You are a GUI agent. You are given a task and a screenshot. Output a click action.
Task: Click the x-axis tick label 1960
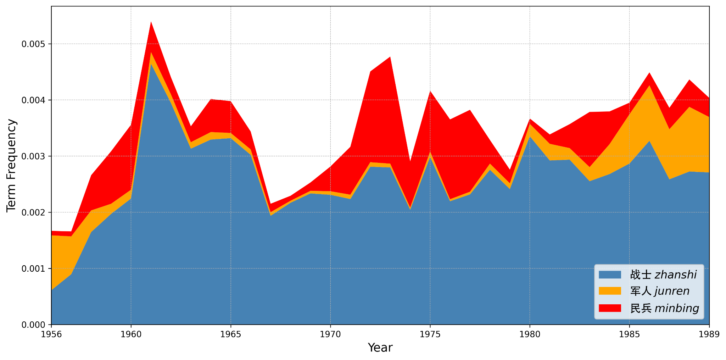(131, 334)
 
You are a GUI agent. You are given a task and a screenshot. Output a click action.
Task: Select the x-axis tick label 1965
(231, 334)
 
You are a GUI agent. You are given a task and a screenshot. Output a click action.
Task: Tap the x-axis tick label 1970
(330, 334)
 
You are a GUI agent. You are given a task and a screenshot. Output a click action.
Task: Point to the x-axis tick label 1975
(430, 334)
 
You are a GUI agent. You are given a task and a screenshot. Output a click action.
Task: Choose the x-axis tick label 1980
(530, 334)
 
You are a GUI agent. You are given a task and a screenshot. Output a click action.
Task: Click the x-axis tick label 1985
(629, 334)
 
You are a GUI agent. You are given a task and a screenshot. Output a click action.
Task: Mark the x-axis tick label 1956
(51, 334)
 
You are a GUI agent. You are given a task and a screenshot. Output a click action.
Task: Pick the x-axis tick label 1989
(709, 334)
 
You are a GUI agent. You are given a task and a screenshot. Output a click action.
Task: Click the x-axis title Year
(380, 348)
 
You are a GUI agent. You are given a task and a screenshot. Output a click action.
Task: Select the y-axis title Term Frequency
(11, 165)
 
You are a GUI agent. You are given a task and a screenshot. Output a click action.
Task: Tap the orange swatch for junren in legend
(610, 291)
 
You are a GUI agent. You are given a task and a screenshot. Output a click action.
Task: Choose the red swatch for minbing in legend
(610, 308)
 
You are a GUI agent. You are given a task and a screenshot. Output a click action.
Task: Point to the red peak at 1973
(390, 58)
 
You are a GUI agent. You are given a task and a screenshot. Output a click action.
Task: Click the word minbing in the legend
(677, 308)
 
